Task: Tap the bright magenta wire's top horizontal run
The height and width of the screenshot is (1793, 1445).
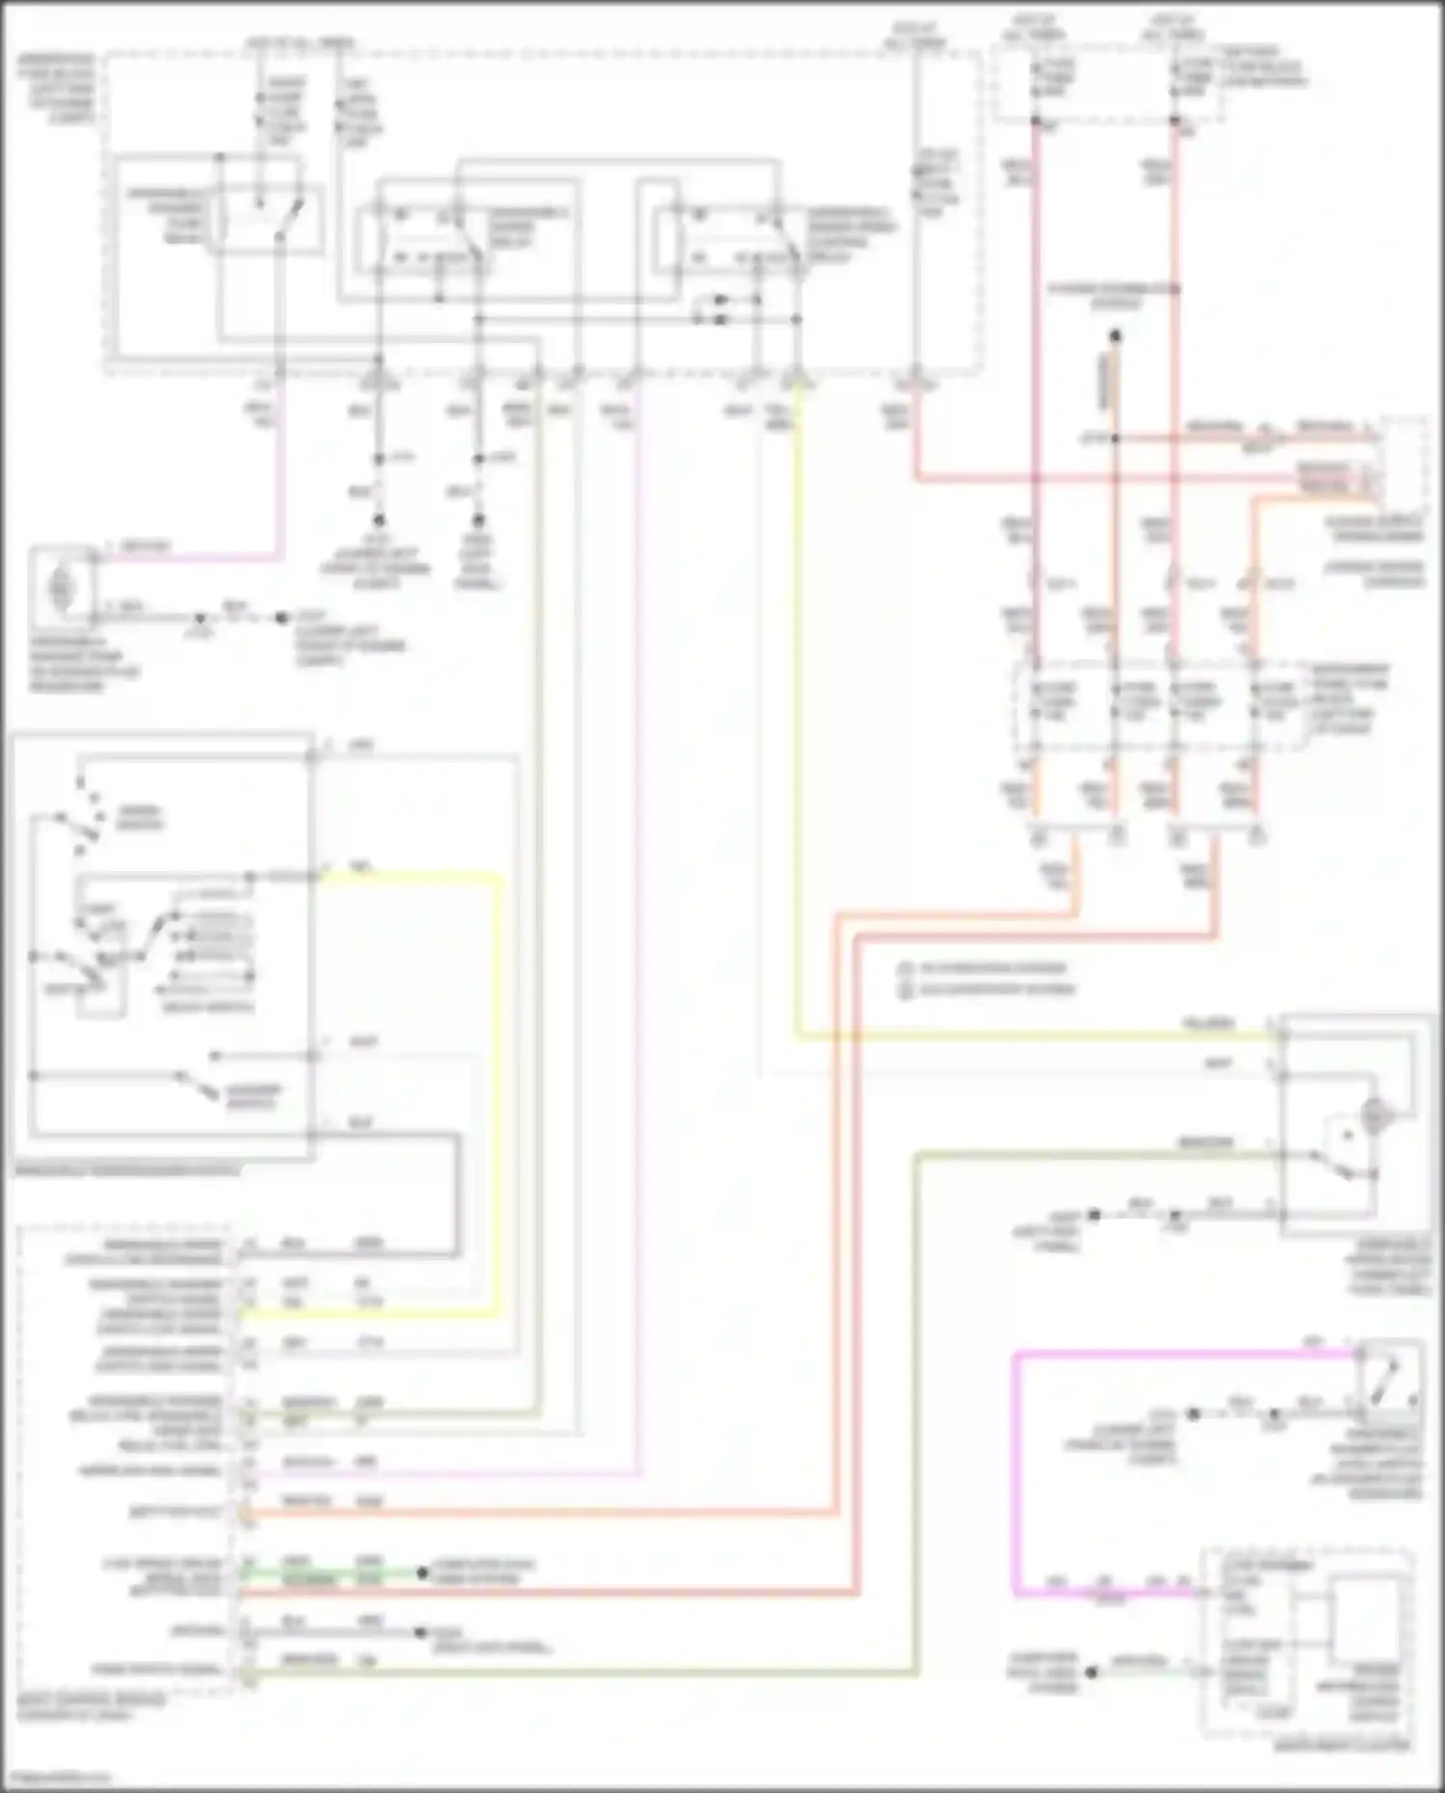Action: pos(1185,1355)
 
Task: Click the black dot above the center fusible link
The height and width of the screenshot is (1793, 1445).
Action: pos(1115,336)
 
